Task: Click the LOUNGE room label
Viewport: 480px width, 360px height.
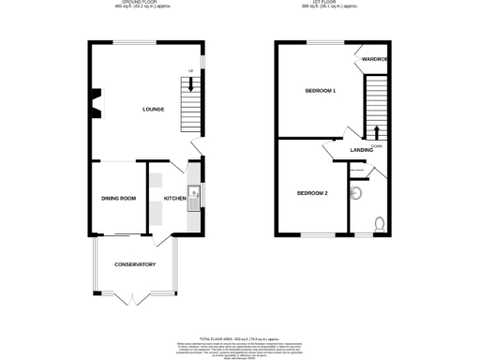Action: (x=154, y=110)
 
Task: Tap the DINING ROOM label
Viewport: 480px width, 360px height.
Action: (x=119, y=198)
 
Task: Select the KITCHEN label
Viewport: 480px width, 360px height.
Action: (x=175, y=199)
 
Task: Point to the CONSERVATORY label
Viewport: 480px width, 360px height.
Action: (x=134, y=264)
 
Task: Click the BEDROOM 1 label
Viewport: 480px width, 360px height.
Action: (x=321, y=90)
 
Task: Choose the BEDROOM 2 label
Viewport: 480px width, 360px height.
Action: (x=312, y=192)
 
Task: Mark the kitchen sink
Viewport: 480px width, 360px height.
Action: (x=192, y=197)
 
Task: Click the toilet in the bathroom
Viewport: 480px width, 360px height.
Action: (x=378, y=224)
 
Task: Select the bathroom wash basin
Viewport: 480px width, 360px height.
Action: (x=355, y=193)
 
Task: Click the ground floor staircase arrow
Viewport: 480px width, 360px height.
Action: (x=193, y=84)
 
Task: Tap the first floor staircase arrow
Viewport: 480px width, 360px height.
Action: (x=377, y=130)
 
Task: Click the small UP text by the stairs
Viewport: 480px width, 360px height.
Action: (x=190, y=71)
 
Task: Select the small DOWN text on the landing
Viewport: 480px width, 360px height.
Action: (x=376, y=146)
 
